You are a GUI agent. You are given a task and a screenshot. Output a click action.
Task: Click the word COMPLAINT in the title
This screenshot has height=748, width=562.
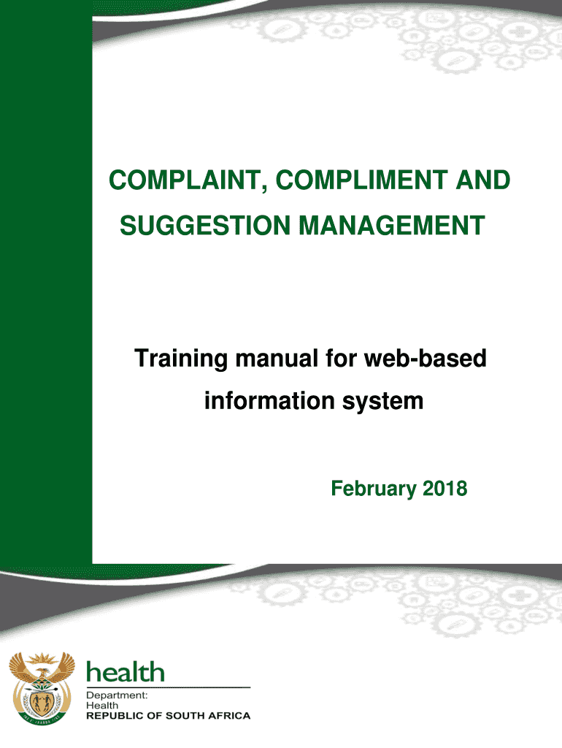[x=185, y=181]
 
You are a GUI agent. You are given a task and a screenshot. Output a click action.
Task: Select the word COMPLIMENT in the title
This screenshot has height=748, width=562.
[x=362, y=180]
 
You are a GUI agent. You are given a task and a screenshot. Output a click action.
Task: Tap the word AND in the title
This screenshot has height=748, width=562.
[x=483, y=180]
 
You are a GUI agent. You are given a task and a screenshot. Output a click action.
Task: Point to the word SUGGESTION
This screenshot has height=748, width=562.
[x=205, y=226]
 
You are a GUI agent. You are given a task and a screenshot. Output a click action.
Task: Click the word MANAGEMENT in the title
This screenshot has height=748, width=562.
[x=392, y=226]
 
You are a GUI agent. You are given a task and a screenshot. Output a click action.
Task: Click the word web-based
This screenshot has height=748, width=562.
[x=426, y=358]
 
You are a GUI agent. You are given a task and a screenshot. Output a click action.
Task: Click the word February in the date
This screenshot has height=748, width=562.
[x=374, y=489]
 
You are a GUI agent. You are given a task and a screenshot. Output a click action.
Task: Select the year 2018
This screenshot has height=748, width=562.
[x=445, y=489]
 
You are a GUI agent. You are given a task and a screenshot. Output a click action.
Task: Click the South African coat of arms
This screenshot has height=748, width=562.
[x=42, y=688]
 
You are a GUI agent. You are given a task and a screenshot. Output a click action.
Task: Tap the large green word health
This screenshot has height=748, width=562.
[x=126, y=672]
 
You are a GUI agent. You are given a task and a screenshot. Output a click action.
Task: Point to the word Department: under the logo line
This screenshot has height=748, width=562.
[x=117, y=695]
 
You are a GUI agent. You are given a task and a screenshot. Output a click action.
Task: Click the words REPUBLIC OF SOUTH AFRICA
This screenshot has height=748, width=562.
[x=169, y=716]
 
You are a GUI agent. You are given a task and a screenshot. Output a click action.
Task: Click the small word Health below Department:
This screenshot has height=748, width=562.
[x=102, y=705]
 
